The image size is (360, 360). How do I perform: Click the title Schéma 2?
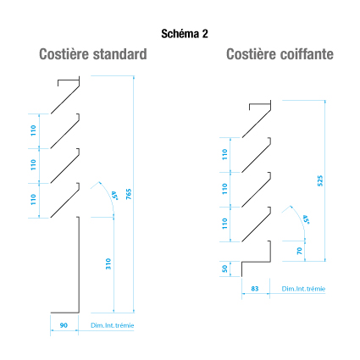click(x=185, y=34)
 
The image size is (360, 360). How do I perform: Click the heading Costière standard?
click(x=93, y=54)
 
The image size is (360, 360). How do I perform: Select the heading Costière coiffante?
click(x=280, y=54)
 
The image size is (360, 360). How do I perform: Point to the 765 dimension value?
click(x=129, y=194)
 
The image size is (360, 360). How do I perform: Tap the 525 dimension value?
click(x=320, y=180)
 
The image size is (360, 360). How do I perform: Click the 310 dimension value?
click(x=108, y=263)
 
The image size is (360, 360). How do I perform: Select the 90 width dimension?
click(x=64, y=325)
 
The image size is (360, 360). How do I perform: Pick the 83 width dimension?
click(x=255, y=289)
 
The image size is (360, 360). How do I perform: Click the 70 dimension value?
click(x=300, y=251)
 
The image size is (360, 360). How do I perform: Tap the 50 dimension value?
click(x=224, y=269)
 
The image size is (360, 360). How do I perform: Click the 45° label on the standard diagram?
click(x=114, y=196)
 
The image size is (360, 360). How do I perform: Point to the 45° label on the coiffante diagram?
click(x=306, y=219)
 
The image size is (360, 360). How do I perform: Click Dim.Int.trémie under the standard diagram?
click(x=112, y=325)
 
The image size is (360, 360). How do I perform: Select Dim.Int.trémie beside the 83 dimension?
click(x=303, y=289)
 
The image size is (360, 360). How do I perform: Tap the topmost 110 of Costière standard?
click(x=33, y=130)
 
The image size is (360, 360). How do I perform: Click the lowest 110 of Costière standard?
click(x=33, y=199)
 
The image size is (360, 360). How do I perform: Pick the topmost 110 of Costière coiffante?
click(x=224, y=154)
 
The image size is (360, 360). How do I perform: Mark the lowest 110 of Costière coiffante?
click(x=224, y=224)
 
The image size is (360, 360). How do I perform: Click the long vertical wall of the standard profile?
click(x=79, y=264)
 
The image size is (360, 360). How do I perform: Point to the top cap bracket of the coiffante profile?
click(x=260, y=104)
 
